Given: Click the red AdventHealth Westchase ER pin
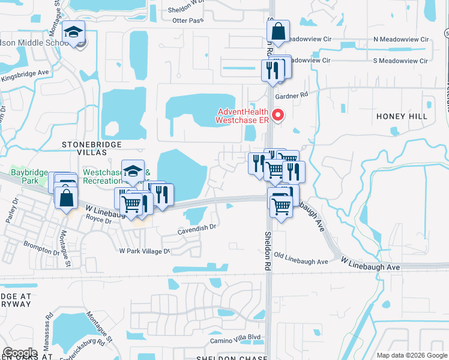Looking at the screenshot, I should pyautogui.click(x=278, y=115).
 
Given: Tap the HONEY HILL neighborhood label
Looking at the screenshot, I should pyautogui.click(x=411, y=116).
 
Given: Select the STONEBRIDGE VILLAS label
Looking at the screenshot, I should pyautogui.click(x=92, y=145).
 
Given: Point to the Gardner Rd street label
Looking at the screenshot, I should pyautogui.click(x=291, y=95).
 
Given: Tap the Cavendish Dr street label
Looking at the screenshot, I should pyautogui.click(x=196, y=228).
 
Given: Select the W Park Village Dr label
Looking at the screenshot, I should pyautogui.click(x=145, y=251).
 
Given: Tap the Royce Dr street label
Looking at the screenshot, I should pyautogui.click(x=100, y=220).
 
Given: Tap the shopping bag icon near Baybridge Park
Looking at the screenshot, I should pyautogui.click(x=66, y=197).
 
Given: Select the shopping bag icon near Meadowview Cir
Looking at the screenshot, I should pyautogui.click(x=279, y=31).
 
